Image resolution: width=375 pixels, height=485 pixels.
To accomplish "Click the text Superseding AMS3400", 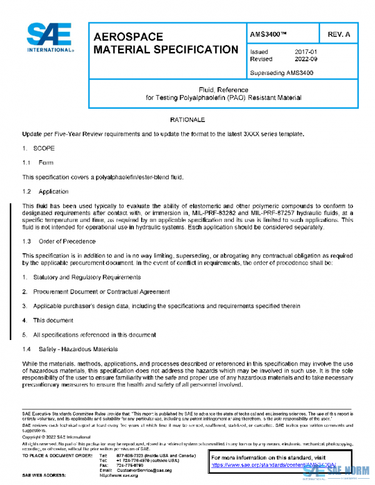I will (x=281, y=72).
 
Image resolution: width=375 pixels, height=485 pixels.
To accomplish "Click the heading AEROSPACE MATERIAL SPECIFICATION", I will (x=165, y=43).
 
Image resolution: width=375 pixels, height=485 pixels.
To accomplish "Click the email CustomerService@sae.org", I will (x=143, y=469).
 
